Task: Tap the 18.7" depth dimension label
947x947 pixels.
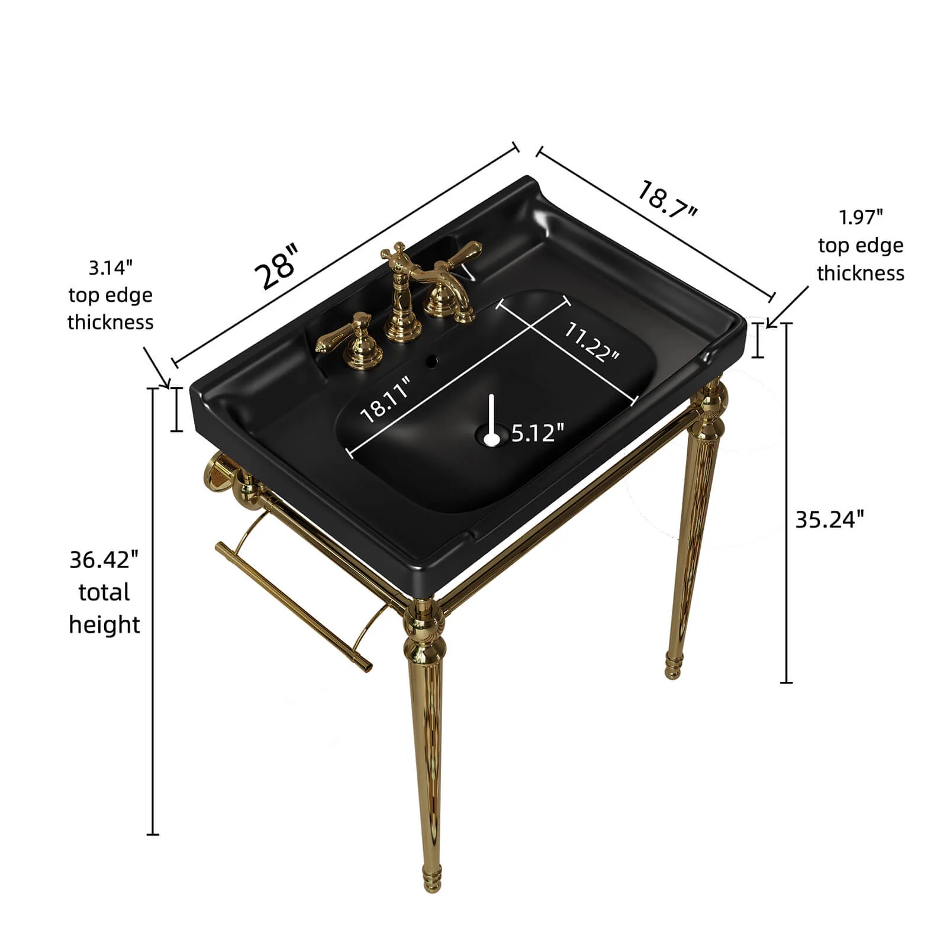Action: (x=667, y=199)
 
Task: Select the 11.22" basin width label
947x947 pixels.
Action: (x=590, y=342)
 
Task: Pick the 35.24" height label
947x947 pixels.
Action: (x=829, y=519)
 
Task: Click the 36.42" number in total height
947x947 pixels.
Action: (x=104, y=559)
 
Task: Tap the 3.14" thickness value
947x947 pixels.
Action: (x=111, y=268)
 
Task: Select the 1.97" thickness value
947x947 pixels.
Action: (x=861, y=217)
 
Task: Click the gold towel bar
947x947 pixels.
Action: (x=294, y=605)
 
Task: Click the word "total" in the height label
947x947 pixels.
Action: (x=104, y=592)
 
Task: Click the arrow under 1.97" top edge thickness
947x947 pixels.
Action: (x=788, y=307)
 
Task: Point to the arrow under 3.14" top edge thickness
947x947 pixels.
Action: (x=157, y=368)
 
